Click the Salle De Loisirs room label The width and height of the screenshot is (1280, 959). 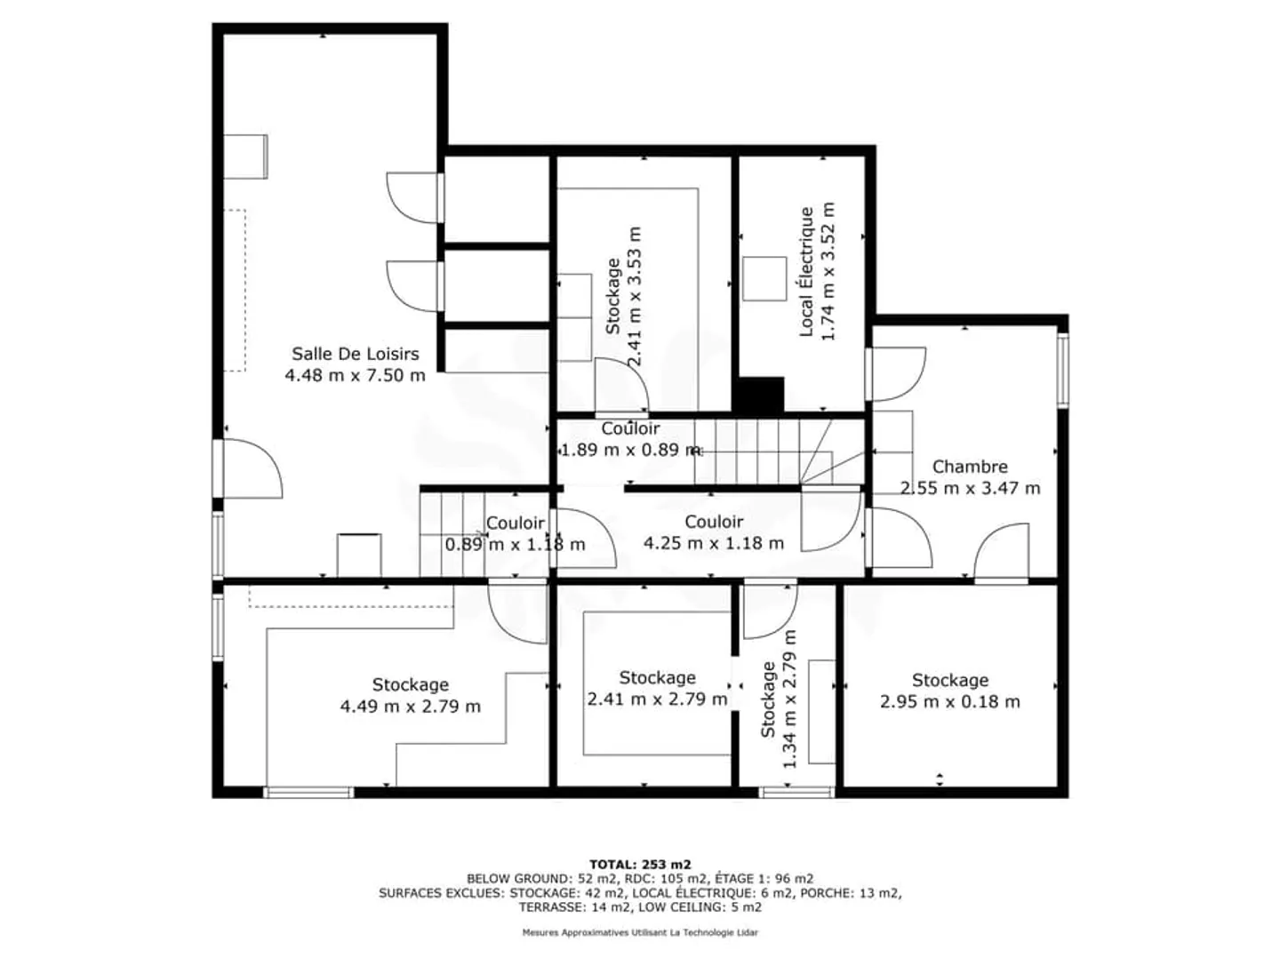(355, 354)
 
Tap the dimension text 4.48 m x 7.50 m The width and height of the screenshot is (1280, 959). (355, 375)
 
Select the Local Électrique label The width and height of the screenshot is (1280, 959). (806, 272)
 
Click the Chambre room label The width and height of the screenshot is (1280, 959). (970, 467)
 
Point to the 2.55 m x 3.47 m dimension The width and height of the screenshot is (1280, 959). (970, 488)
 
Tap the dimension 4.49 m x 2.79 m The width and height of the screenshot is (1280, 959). (410, 707)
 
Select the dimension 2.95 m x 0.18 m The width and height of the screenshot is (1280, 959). (949, 701)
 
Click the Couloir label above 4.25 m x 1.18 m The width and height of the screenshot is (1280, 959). (714, 522)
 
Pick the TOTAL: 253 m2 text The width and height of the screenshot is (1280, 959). (640, 864)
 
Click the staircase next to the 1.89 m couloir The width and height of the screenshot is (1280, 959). (764, 452)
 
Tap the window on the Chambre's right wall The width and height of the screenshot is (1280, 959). (1061, 369)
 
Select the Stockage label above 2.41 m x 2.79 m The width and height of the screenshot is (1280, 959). (657, 677)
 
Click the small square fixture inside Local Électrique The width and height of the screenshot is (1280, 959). (764, 278)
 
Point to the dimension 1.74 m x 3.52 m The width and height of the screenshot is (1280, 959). (828, 272)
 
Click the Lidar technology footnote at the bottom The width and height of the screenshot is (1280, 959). (640, 932)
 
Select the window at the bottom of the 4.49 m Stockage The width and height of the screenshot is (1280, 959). (309, 792)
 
